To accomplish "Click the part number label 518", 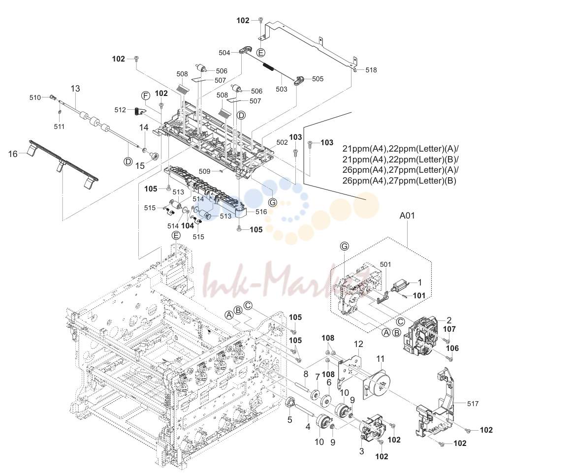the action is coord(371,70).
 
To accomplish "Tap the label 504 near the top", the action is coord(224,53).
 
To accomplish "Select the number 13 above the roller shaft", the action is coord(75,88).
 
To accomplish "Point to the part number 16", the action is coord(13,154).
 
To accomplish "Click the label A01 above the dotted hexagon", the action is coord(407,216).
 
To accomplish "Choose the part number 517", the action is coord(473,404).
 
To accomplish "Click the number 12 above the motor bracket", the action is coord(358,344).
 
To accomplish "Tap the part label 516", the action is coord(261,212).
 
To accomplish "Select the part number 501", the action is coord(385,264).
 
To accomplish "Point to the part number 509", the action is coord(205,171).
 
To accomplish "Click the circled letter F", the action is coord(146,96).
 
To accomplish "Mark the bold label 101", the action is coord(419,295).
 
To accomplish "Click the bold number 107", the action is coord(449,329).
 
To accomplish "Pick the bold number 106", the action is coord(452,348).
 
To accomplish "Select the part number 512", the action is coord(120,110).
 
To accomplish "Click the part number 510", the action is coord(35,97).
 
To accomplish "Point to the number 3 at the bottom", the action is coord(361,451).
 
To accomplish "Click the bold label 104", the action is coord(188,225).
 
